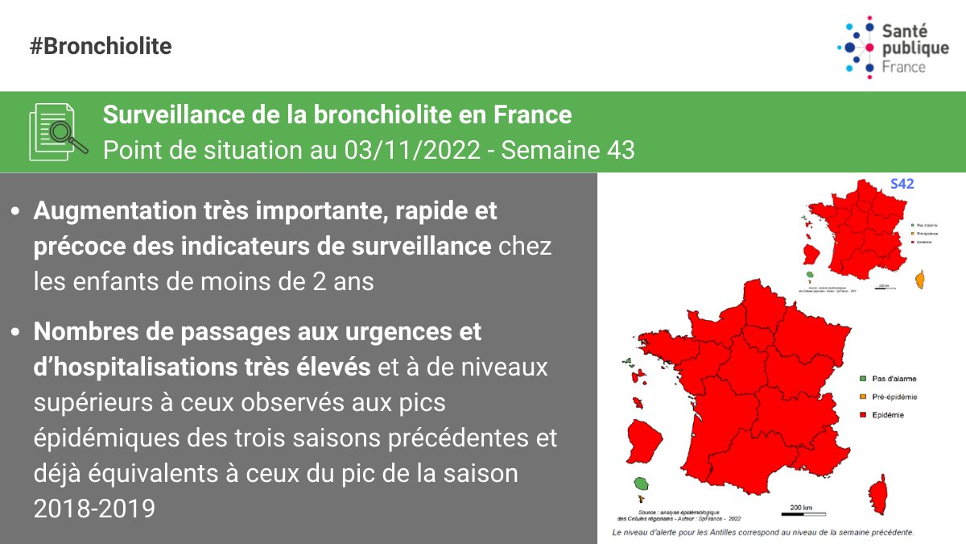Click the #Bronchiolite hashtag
coord(101,46)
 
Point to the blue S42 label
coord(902,184)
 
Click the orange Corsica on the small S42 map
coord(920,280)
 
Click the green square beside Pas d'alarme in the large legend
coord(861,378)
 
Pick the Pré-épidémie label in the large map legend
coord(896,397)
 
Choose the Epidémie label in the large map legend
coord(889,415)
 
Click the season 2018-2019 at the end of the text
coord(94,509)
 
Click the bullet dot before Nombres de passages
coord(15,332)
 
